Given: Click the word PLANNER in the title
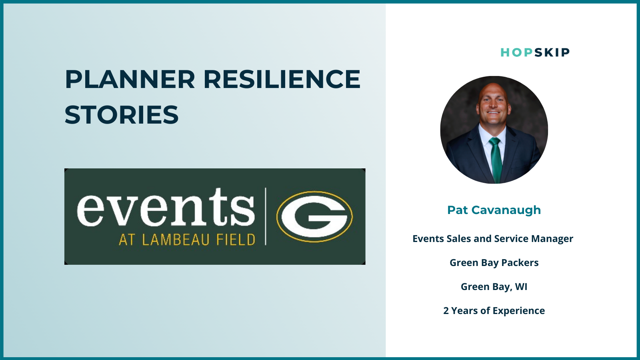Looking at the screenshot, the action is [130, 79].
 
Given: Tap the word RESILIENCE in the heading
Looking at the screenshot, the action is [282, 79].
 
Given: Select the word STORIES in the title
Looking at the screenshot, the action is [122, 114].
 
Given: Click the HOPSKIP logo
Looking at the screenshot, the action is [535, 52].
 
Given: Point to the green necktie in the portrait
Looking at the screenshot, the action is [496, 160].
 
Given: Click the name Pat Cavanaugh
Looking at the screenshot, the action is [494, 210].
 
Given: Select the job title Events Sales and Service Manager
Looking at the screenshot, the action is [493, 238].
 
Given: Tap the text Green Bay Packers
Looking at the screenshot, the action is [494, 262].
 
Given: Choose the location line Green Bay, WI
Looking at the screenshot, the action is [494, 286].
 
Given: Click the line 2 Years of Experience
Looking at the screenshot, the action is [494, 310].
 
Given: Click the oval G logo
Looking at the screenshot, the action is [314, 216].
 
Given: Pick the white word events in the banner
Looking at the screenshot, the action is [166, 207].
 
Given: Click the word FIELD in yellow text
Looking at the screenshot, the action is [236, 240].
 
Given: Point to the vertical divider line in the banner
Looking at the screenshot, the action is [266, 216].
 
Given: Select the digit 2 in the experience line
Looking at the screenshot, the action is [446, 310].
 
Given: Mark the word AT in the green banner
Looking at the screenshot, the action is [127, 240].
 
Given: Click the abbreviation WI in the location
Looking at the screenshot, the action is [521, 286].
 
